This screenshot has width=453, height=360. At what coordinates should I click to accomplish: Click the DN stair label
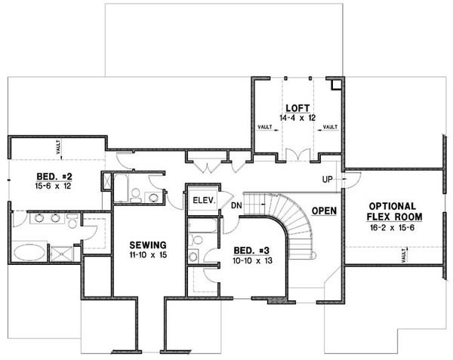tap(236, 205)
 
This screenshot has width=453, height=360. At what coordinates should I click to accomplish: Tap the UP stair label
tap(328, 180)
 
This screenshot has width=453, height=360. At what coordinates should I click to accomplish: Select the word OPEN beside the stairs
tap(324, 211)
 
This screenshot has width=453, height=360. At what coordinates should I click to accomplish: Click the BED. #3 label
tap(250, 250)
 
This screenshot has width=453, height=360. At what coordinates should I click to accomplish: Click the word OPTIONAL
tap(392, 206)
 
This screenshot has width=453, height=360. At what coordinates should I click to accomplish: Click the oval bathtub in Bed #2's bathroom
tap(29, 251)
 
